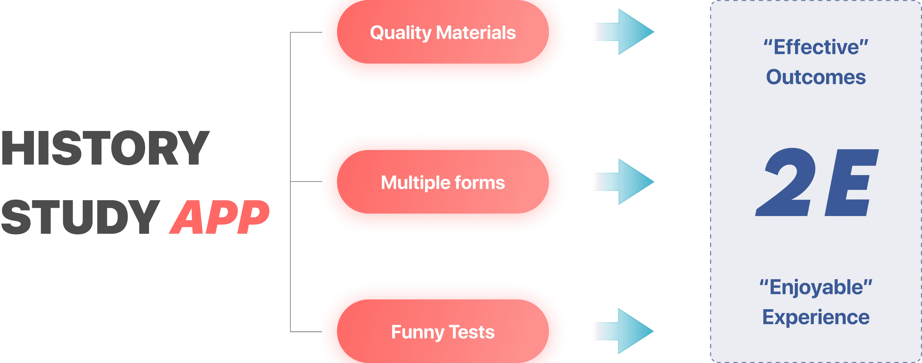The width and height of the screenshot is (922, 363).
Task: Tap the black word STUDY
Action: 81,217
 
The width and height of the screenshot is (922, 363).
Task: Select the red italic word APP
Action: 219,217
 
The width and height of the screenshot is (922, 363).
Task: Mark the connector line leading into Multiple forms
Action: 306,182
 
